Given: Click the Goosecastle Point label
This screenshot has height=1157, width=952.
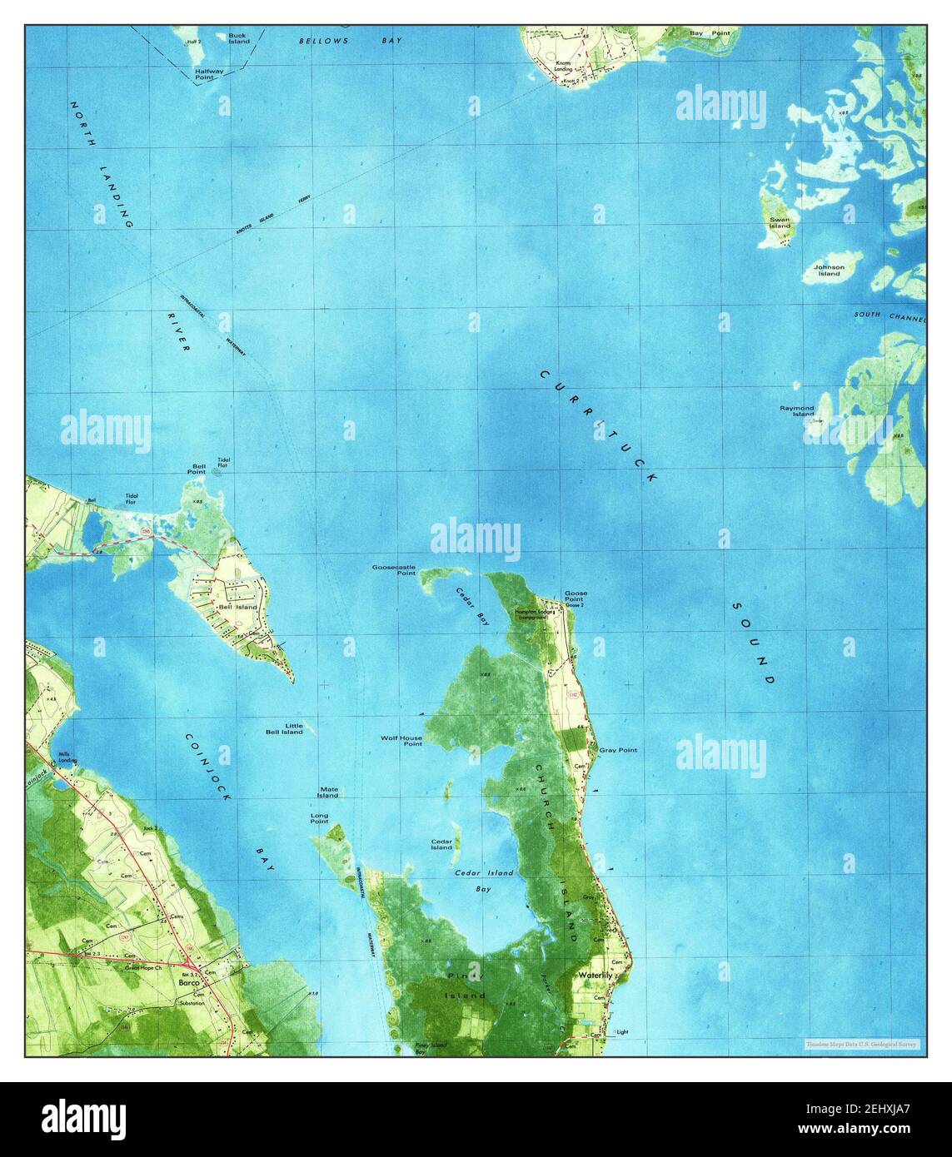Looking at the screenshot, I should [394, 570].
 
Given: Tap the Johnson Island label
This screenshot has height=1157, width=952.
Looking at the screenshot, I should [829, 271].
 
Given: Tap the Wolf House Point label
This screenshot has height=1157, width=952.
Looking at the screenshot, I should [401, 741].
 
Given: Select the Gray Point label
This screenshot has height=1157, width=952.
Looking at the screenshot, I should [618, 750].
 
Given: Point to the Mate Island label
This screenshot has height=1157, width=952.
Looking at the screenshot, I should [327, 792].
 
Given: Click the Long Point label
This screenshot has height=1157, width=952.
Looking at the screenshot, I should [319, 819].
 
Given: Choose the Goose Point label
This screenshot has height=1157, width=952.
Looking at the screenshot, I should [576, 596].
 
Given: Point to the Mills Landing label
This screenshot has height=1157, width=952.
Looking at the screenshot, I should [67, 757].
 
